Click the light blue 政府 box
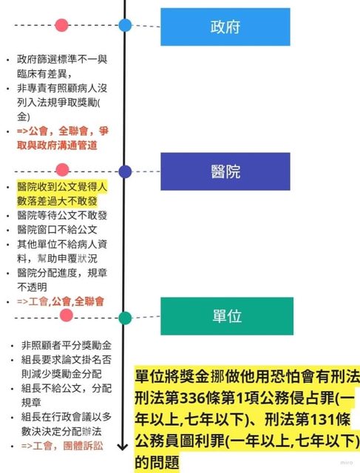(225, 27)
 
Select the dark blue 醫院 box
(225, 171)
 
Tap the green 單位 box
(227, 316)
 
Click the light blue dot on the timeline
(125, 25)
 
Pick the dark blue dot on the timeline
(125, 171)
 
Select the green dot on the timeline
(125, 318)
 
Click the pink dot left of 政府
(61, 25)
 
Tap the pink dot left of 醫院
(63, 170)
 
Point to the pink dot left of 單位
(67, 316)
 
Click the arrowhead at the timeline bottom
(123, 446)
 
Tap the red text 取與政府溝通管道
(57, 146)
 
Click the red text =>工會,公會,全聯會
(61, 302)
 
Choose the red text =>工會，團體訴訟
(62, 446)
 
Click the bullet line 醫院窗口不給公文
(57, 230)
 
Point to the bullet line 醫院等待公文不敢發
(62, 215)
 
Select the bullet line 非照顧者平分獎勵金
(67, 345)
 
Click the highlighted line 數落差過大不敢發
(57, 201)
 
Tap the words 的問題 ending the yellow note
(157, 462)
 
